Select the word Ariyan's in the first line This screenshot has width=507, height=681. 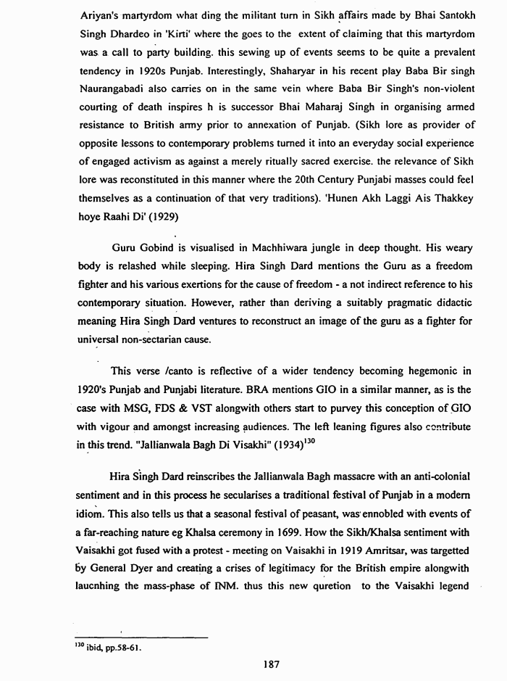[97, 15]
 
